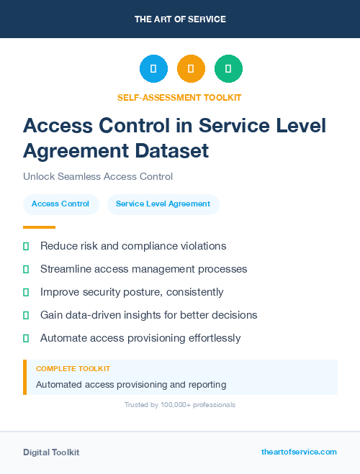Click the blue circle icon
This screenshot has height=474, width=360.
pyautogui.click(x=153, y=68)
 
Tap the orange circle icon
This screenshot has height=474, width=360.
pyautogui.click(x=191, y=68)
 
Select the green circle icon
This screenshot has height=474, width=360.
pyautogui.click(x=228, y=68)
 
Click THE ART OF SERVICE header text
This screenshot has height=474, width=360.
pyautogui.click(x=180, y=19)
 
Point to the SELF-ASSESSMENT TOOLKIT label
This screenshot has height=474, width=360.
pyautogui.click(x=180, y=97)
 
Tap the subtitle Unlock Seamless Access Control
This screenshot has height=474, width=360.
pyautogui.click(x=98, y=176)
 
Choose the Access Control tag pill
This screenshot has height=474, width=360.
pyautogui.click(x=60, y=204)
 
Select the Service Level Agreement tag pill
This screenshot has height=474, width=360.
pyautogui.click(x=163, y=204)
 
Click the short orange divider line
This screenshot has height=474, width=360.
pyautogui.click(x=39, y=227)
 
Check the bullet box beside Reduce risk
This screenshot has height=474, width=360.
pyautogui.click(x=26, y=246)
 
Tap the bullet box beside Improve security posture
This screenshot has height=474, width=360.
pyautogui.click(x=26, y=292)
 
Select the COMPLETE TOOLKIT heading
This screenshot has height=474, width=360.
pyautogui.click(x=73, y=369)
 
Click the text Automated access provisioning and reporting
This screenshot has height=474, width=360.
pyautogui.click(x=131, y=385)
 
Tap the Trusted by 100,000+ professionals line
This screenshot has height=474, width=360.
pyautogui.click(x=180, y=405)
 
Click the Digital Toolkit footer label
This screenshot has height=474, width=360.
pyautogui.click(x=51, y=452)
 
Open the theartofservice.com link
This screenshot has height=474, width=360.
pyautogui.click(x=299, y=452)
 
